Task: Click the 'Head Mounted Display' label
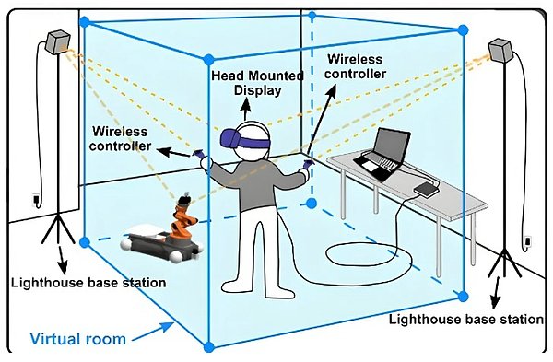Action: coord(257,83)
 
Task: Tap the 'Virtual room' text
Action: coord(78,339)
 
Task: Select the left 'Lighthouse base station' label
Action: coord(88,283)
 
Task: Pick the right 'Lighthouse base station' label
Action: coord(465,320)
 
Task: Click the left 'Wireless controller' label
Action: coord(120,138)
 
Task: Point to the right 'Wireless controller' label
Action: coord(356,66)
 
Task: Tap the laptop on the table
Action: coord(383,154)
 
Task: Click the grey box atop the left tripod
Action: coord(58,42)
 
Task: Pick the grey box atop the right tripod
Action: coord(500,51)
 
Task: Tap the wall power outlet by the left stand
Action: coord(36,201)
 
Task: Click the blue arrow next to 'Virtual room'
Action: coord(153,333)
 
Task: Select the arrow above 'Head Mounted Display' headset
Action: coord(246,110)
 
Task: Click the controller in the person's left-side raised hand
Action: coord(199,154)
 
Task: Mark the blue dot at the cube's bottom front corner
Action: coord(209,347)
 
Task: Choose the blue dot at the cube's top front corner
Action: coord(208,59)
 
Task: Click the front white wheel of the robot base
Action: coord(176,256)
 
